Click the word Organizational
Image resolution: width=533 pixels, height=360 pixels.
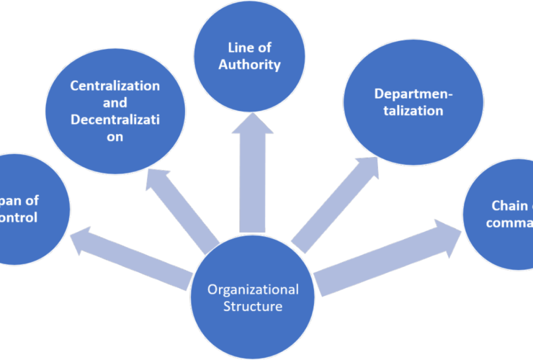[x=253, y=290]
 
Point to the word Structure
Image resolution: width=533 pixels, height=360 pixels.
[x=253, y=307]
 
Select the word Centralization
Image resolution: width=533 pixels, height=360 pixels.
[x=115, y=85]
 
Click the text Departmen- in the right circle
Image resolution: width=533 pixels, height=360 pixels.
[x=408, y=94]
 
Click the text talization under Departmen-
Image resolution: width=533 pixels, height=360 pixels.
[x=408, y=112]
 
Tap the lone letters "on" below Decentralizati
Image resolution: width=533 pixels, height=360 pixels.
[x=115, y=135]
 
